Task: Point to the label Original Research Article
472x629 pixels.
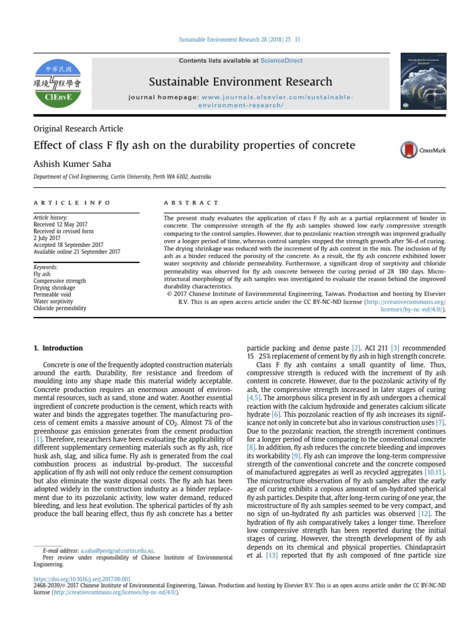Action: (78, 129)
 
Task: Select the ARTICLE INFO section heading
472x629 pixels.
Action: (73, 203)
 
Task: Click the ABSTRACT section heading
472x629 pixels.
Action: (191, 203)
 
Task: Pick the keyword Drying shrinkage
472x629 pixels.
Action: (54, 288)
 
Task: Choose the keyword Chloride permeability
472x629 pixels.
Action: (60, 308)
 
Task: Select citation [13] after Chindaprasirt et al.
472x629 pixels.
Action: (272, 556)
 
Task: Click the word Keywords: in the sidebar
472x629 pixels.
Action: (45, 268)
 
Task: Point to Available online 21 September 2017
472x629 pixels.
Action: (77, 252)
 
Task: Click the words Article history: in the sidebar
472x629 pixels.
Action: (50, 217)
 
